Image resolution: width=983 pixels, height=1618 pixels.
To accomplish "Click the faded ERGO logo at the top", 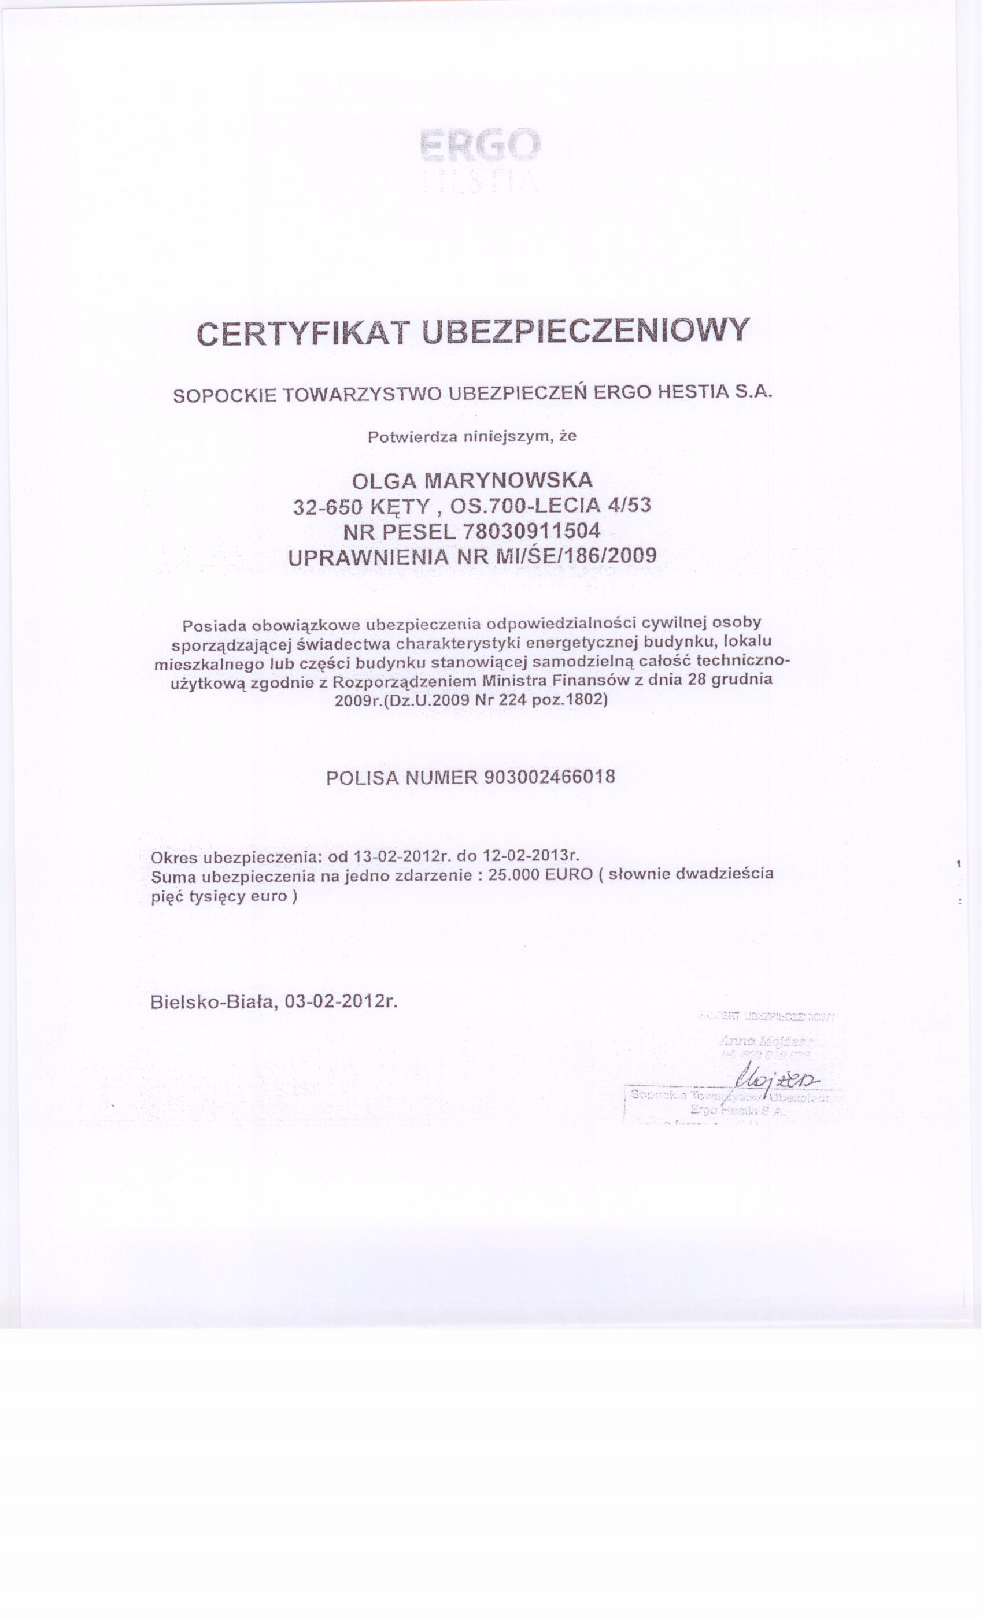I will [480, 144].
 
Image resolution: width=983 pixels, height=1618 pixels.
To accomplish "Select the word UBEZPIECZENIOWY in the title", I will [585, 331].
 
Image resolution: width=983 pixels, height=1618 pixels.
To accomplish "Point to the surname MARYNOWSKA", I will [509, 480].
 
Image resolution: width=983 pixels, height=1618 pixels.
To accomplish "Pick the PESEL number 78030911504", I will [531, 530].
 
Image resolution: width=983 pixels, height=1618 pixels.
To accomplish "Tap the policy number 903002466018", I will [549, 777].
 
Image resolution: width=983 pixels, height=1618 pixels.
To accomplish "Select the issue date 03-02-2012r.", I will [341, 1001].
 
